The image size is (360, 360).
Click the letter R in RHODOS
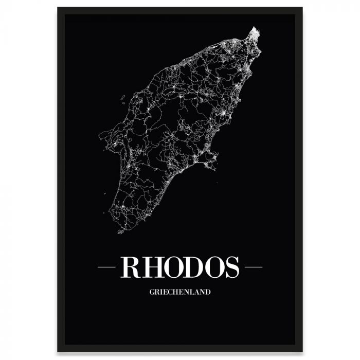(x=130, y=267)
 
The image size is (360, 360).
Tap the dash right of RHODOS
(x=254, y=267)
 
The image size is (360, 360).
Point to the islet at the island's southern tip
(x=121, y=231)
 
